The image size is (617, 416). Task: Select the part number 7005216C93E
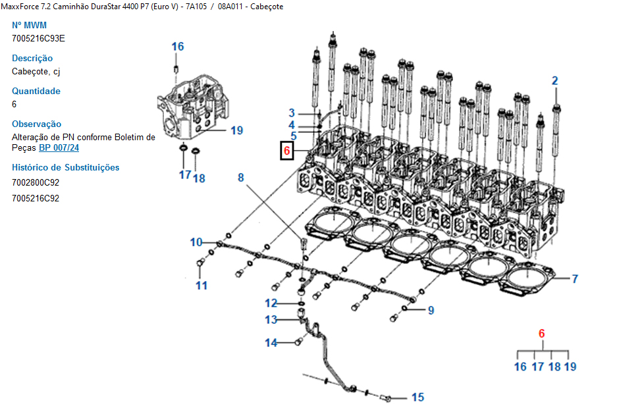(x=38, y=38)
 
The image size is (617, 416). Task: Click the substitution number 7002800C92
(x=36, y=182)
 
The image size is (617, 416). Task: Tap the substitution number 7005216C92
(x=36, y=198)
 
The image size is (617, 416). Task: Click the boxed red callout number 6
(x=287, y=151)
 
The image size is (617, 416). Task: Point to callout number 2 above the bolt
(x=554, y=81)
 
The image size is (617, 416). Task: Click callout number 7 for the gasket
(x=574, y=279)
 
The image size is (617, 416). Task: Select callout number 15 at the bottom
(x=417, y=397)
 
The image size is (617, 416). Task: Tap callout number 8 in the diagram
(x=241, y=177)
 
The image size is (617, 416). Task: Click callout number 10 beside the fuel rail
(x=196, y=242)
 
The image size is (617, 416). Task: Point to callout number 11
(x=201, y=285)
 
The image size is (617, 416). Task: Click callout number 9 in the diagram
(x=431, y=310)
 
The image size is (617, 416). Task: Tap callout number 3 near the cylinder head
(x=292, y=113)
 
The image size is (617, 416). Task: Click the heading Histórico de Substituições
(x=66, y=167)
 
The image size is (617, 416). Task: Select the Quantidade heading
(x=36, y=91)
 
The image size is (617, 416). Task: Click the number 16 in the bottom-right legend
(x=520, y=367)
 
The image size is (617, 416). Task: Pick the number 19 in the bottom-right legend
(x=570, y=367)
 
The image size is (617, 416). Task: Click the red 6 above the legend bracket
(x=541, y=334)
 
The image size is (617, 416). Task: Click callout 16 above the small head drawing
(x=178, y=47)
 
